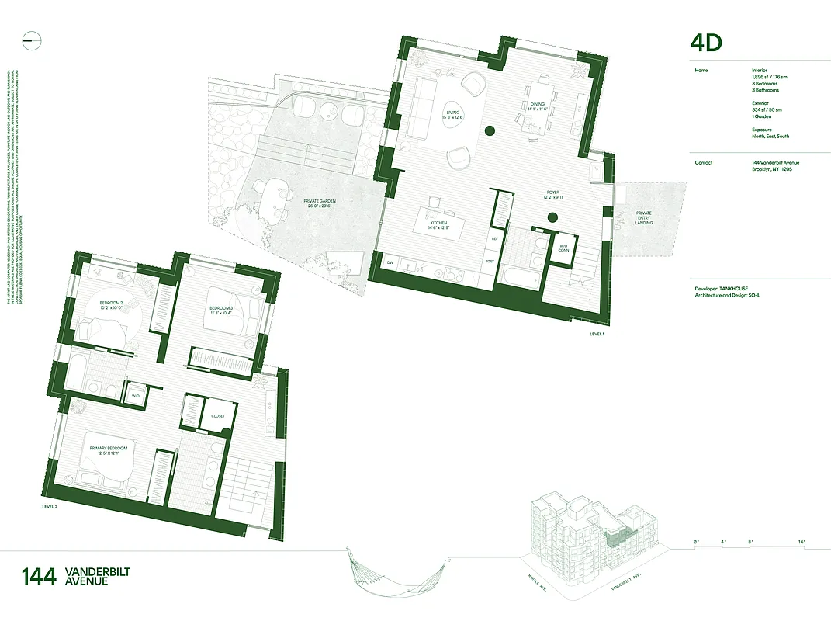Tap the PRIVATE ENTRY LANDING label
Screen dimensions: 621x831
point(644,218)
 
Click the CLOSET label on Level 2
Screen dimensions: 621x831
point(218,416)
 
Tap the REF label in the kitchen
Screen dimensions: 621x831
point(494,239)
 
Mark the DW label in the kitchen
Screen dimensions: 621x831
point(390,263)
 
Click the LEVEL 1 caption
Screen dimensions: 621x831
point(596,334)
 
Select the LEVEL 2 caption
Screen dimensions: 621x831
point(50,506)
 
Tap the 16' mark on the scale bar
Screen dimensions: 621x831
point(801,542)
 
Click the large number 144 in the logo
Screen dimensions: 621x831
point(39,578)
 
